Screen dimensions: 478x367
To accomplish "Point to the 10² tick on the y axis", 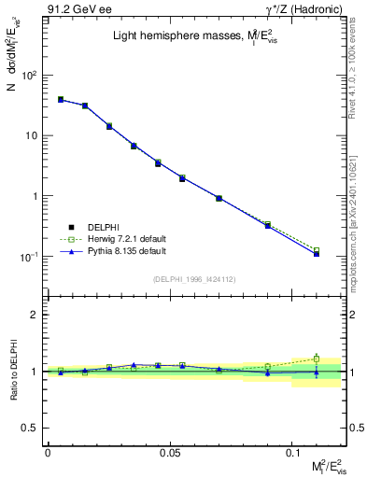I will (x=28, y=75).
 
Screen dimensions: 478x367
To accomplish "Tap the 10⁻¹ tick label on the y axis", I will (x=28, y=257).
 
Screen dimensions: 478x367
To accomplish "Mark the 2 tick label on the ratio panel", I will (x=36, y=316).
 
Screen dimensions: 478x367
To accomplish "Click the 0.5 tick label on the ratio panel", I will (x=33, y=428).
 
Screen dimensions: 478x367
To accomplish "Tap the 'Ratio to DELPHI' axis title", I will (x=12, y=372).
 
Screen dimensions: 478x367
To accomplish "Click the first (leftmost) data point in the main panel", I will (x=61, y=99).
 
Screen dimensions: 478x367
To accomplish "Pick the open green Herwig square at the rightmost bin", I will (x=317, y=250).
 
